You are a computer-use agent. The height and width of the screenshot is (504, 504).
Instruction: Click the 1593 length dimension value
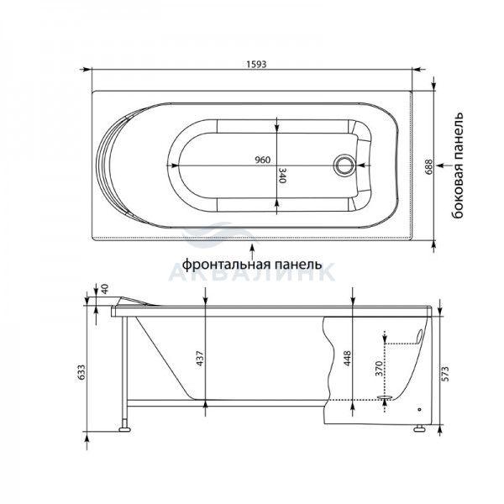pyautogui.click(x=256, y=65)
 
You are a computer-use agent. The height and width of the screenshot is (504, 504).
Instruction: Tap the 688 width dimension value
pyautogui.click(x=428, y=167)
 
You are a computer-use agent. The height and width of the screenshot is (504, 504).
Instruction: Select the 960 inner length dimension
pyautogui.click(x=263, y=160)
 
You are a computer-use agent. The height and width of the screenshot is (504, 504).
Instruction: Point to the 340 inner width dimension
pyautogui.click(x=282, y=176)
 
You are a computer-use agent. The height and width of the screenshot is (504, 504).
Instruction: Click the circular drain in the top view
pyautogui.click(x=344, y=165)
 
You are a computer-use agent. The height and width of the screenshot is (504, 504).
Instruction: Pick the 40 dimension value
pyautogui.click(x=105, y=288)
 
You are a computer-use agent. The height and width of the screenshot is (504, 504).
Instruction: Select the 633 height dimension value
pyautogui.click(x=81, y=372)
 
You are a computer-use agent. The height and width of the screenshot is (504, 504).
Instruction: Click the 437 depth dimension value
pyautogui.click(x=200, y=358)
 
